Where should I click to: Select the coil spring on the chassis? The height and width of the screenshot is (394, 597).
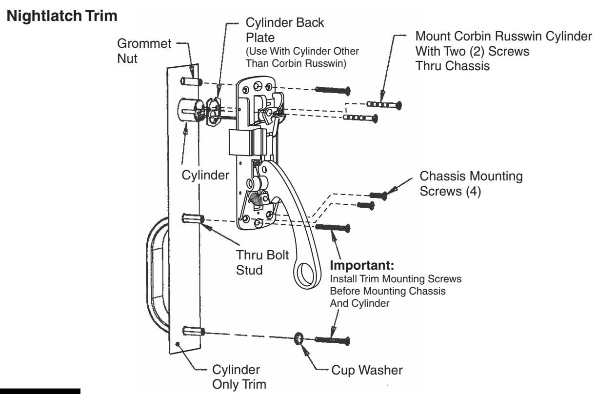click(x=259, y=201)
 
